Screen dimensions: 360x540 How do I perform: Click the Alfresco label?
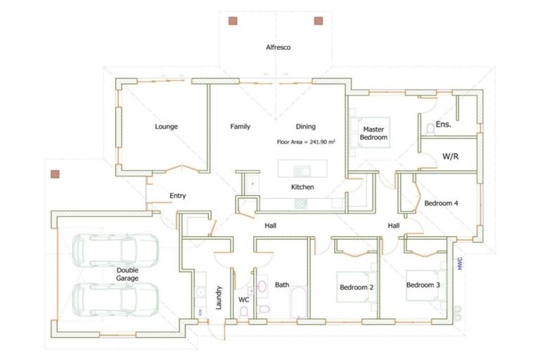click(x=278, y=48)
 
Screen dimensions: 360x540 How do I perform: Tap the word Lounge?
click(x=166, y=127)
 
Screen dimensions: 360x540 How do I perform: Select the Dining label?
click(x=305, y=127)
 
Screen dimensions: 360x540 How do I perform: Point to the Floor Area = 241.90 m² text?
click(x=306, y=141)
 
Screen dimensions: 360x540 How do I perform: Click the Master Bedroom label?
click(x=373, y=133)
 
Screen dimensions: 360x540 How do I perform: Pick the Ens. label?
click(x=443, y=124)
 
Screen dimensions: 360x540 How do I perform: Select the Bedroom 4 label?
click(x=441, y=203)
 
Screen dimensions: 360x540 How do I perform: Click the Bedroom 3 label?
click(x=423, y=285)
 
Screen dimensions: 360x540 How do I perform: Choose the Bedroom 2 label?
click(x=356, y=287)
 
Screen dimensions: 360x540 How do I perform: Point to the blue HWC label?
click(x=461, y=263)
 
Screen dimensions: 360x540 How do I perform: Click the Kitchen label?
click(x=302, y=188)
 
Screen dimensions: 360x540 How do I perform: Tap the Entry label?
click(x=178, y=195)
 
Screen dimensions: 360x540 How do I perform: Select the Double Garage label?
click(x=127, y=274)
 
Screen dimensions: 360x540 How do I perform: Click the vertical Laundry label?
click(x=220, y=298)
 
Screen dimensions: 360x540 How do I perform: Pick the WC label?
click(x=244, y=300)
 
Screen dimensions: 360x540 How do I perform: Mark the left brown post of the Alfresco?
click(x=233, y=21)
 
